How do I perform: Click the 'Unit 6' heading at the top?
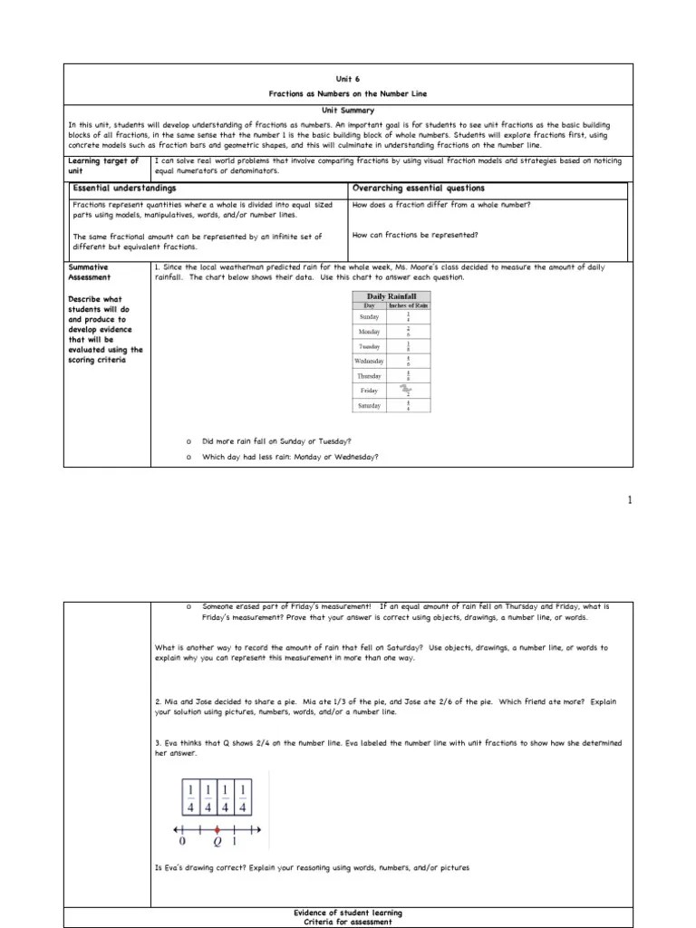(348, 79)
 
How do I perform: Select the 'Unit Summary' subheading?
(348, 110)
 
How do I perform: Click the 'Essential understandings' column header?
(124, 188)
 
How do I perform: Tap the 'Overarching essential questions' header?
(419, 188)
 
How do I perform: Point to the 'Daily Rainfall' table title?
(391, 296)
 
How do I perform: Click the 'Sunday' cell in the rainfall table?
(369, 317)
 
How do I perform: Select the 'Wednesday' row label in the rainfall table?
(369, 361)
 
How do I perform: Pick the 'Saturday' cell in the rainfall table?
(369, 405)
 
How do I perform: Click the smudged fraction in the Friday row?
(408, 390)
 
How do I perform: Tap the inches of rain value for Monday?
(408, 332)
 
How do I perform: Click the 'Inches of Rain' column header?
(408, 306)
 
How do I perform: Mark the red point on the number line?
(217, 828)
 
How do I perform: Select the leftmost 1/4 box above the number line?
(191, 797)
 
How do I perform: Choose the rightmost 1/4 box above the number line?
(242, 797)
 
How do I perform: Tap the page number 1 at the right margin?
(631, 500)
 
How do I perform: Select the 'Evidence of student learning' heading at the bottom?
(348, 913)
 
